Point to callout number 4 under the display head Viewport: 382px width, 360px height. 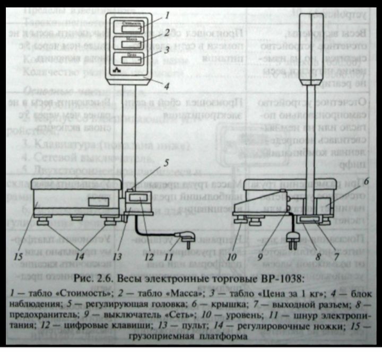[166, 84]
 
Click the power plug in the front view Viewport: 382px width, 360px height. [187, 242]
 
